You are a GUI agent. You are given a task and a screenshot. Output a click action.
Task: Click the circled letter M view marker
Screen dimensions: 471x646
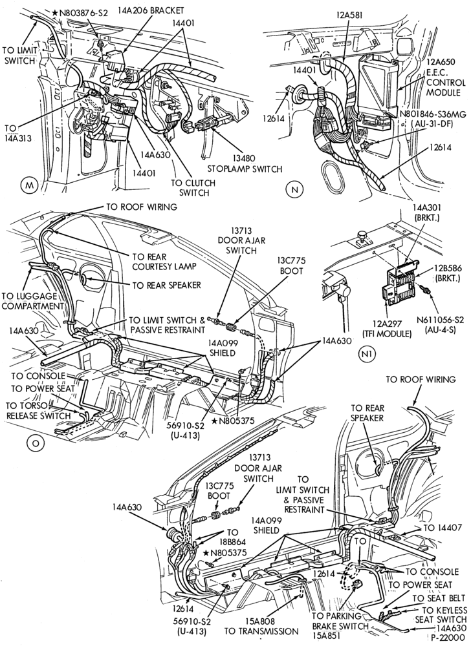28,185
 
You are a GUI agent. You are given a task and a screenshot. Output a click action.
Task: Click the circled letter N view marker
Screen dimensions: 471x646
294,189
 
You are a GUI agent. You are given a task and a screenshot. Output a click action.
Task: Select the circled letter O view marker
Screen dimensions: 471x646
35,443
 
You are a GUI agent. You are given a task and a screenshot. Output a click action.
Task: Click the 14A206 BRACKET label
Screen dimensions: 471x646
151,10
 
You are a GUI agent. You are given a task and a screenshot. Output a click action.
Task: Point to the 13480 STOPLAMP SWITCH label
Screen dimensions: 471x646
245,163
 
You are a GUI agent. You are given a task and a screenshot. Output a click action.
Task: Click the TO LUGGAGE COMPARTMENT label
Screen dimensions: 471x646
34,301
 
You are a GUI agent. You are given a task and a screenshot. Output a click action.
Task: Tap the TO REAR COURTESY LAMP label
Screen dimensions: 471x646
159,260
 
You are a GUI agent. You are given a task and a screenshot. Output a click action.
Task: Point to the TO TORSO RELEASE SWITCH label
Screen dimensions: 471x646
38,411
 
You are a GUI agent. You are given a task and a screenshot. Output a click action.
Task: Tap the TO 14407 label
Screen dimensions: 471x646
441,528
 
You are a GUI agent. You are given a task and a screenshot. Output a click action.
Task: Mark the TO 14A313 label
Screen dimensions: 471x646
17,132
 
